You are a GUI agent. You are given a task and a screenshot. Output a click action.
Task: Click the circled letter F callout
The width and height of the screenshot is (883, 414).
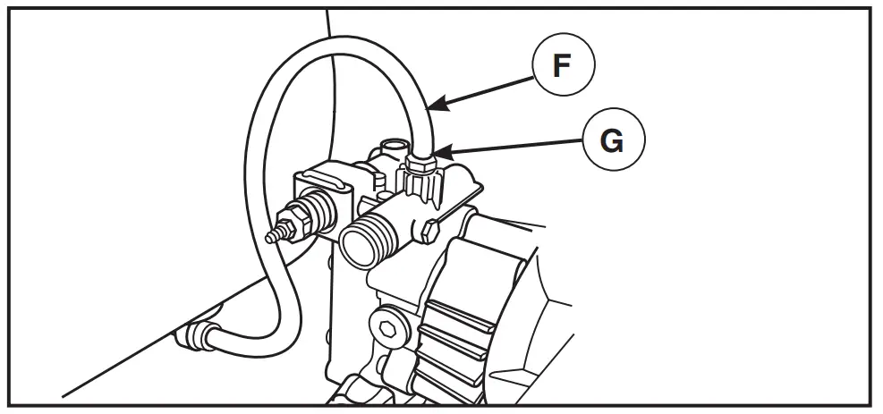point(562,68)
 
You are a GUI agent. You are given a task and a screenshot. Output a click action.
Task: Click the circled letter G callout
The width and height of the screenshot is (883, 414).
point(613,141)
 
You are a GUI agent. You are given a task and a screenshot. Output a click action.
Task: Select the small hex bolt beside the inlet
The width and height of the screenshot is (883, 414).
point(427,232)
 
